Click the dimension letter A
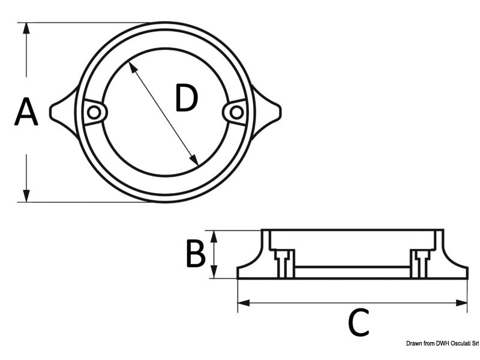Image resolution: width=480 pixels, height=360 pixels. tap(26, 113)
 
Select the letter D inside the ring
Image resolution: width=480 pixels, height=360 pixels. tap(185, 98)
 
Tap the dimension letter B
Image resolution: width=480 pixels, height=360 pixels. tap(195, 254)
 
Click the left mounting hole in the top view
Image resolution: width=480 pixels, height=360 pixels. tap(94, 112)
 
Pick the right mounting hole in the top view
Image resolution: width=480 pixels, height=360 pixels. tap(236, 112)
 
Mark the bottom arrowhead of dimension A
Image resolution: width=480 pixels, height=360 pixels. tap(26, 196)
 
